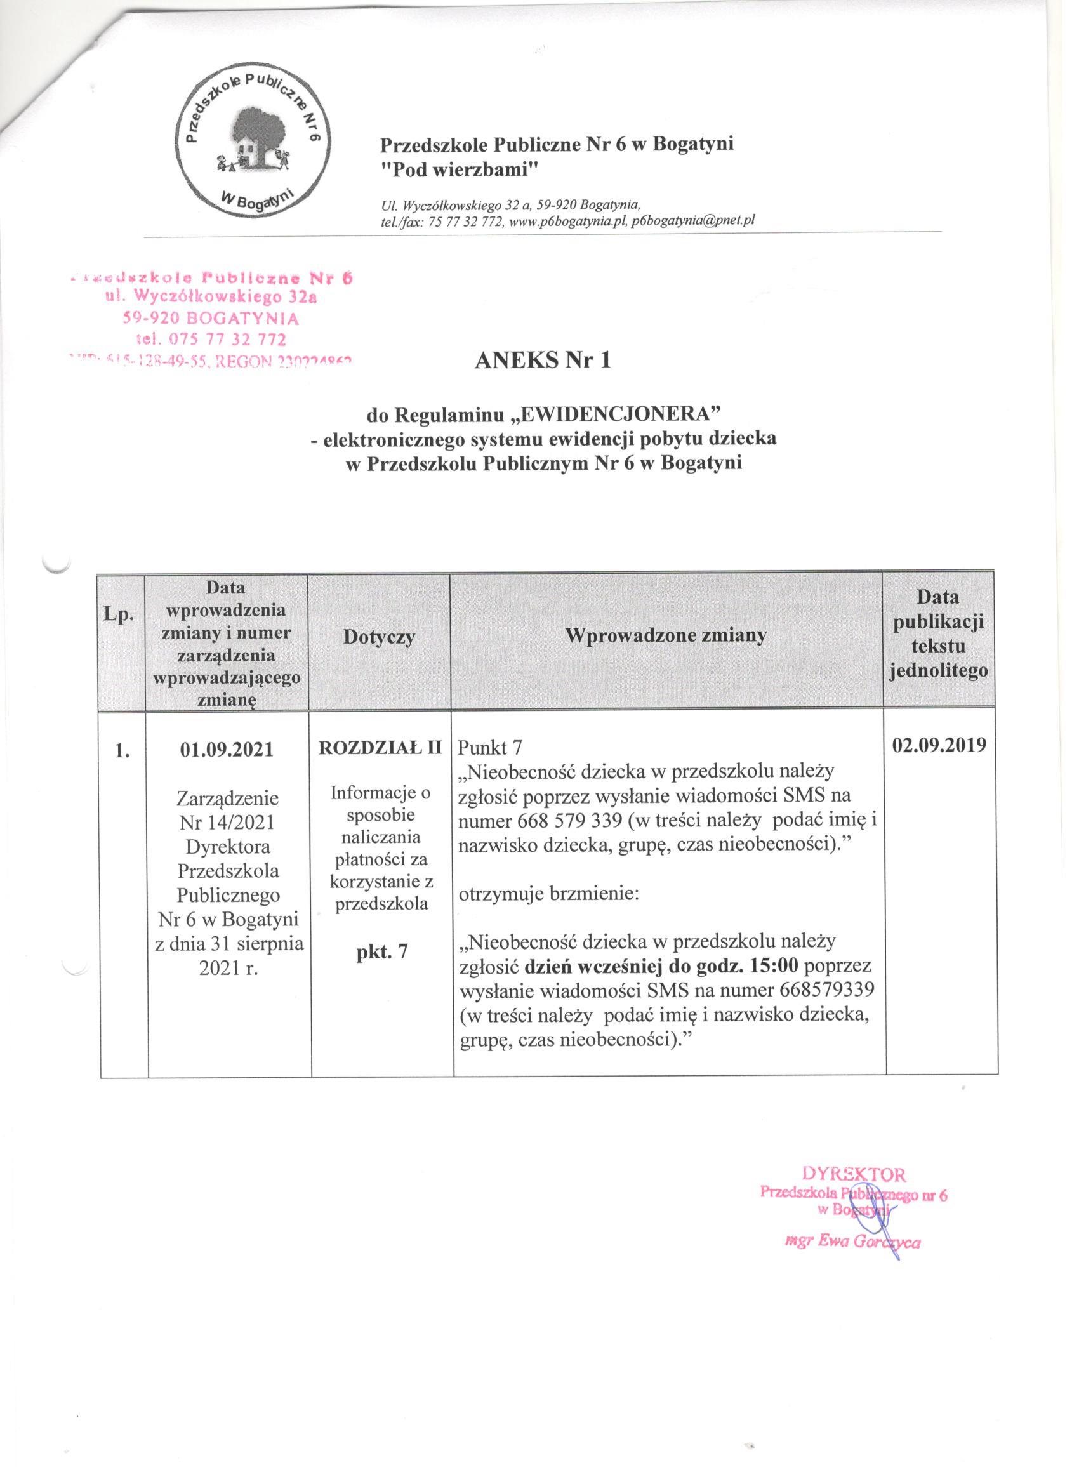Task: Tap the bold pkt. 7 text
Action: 381,951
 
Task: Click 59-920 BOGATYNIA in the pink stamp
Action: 211,319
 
